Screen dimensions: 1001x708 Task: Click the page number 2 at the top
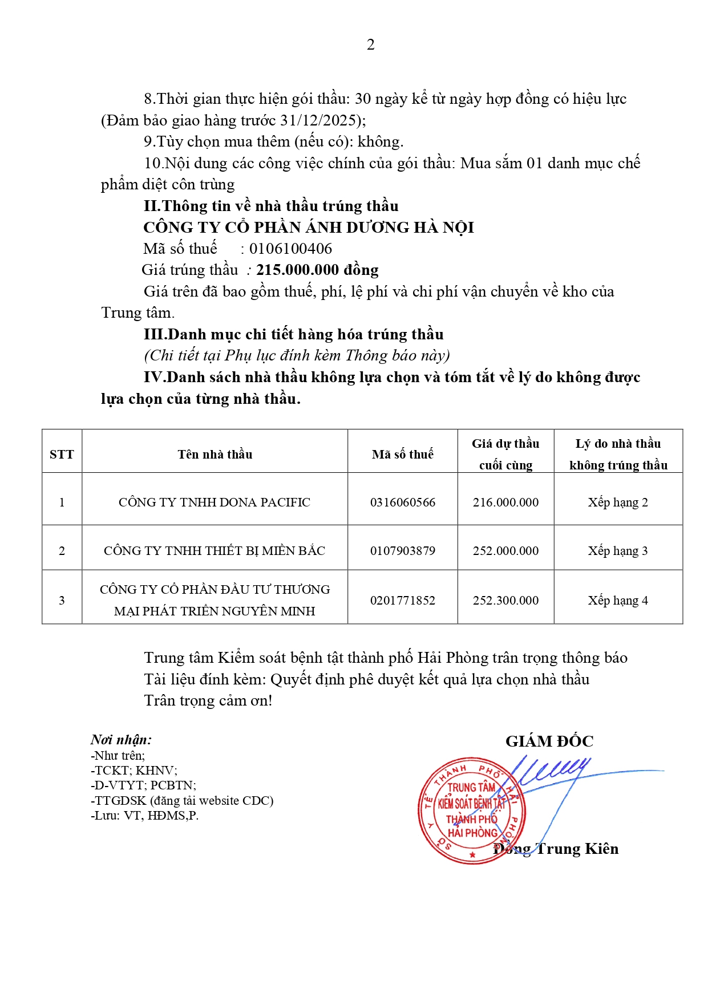pos(371,44)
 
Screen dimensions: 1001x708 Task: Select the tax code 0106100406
pos(290,249)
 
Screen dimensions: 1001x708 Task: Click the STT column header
pos(62,454)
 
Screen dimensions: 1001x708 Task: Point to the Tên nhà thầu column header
pos(215,454)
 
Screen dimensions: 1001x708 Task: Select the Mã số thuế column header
pos(402,454)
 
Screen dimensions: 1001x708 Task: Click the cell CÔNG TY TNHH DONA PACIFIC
pos(215,502)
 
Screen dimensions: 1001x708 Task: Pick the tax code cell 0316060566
pos(402,502)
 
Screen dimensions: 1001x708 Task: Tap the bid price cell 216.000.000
pos(505,502)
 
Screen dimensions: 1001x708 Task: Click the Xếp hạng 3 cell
pos(618,551)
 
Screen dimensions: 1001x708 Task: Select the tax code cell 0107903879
pos(402,551)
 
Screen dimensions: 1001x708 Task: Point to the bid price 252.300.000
pos(505,601)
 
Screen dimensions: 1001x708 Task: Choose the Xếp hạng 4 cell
pos(618,601)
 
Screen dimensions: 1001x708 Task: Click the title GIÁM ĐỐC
pos(549,741)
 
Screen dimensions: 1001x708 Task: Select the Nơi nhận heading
pos(121,740)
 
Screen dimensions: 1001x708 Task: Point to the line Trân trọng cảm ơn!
pos(208,701)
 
